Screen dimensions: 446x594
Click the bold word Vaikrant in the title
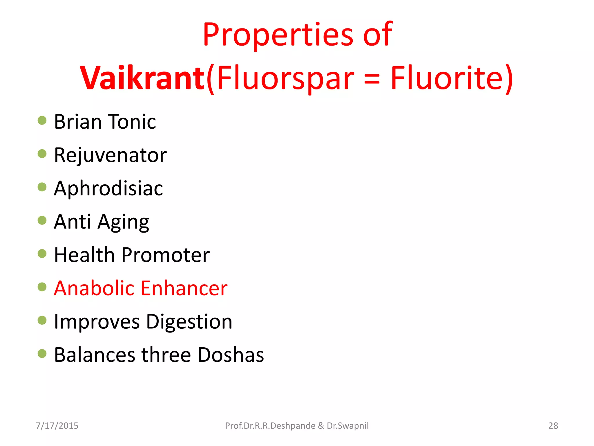142,78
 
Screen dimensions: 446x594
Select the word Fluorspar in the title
286,78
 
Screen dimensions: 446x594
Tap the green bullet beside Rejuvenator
42,154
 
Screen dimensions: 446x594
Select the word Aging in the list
123,222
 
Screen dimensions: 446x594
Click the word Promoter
165,255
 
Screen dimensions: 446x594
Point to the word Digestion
189,322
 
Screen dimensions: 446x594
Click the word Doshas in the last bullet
231,355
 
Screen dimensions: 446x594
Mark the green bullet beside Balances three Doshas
42,353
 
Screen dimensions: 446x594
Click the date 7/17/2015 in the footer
57,426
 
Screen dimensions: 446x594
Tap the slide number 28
553,426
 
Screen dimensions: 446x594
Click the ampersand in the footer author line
321,426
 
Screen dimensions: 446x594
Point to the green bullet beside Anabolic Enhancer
42,287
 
